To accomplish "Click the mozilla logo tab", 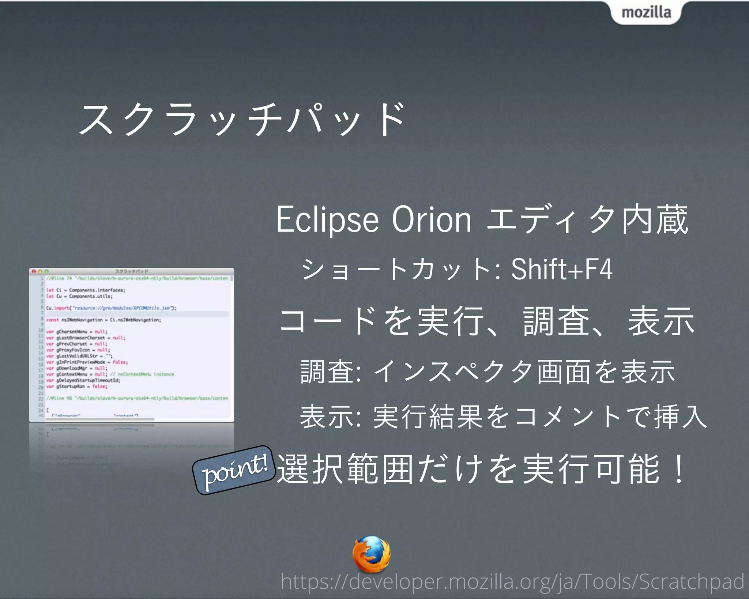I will point(646,12).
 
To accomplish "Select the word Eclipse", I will point(327,220).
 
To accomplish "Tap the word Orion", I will point(432,220).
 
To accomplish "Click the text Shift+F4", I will point(561,270).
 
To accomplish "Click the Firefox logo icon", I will point(371,554).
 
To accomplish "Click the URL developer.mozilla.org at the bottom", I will point(512,581).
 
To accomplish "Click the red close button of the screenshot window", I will point(34,272).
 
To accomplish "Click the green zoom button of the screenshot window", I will point(46,272).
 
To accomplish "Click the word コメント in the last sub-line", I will point(560,417).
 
